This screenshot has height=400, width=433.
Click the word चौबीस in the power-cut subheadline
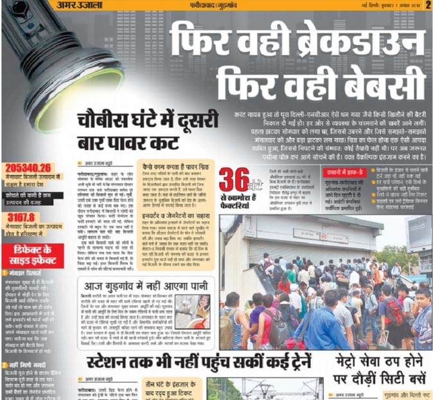(x=106, y=120)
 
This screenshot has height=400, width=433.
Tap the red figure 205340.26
(x=27, y=167)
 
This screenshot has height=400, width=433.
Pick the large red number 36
(x=234, y=181)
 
